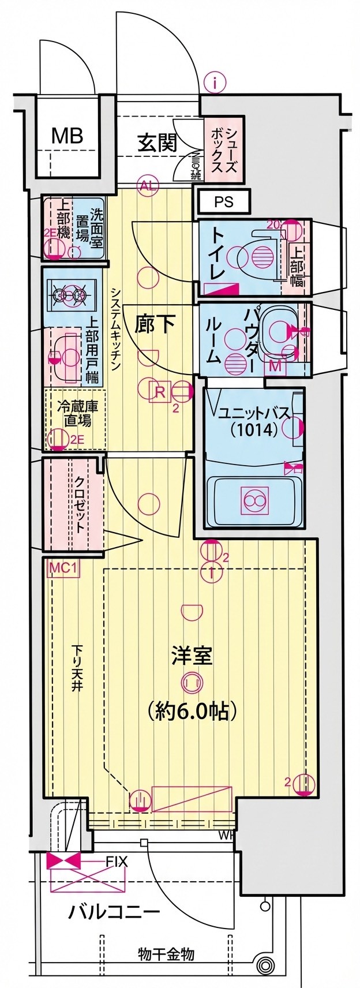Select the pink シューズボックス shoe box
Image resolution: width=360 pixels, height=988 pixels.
point(223,149)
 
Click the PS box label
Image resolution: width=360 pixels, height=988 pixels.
point(223,203)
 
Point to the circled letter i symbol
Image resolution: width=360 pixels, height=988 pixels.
point(215,83)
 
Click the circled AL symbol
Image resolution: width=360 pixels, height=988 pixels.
point(148,186)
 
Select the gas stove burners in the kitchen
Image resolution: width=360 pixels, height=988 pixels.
point(69,295)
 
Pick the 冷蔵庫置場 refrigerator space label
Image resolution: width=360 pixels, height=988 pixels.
point(77,413)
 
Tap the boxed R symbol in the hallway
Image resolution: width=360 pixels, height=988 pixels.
point(159,392)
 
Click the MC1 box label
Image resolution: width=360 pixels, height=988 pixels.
point(63,568)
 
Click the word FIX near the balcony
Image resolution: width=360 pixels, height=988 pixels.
point(116,862)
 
